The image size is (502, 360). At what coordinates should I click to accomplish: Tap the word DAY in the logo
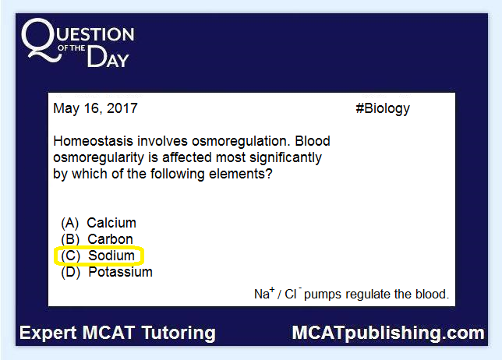(108, 57)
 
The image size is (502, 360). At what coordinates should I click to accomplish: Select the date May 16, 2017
(95, 108)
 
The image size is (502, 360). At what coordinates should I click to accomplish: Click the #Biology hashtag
(383, 109)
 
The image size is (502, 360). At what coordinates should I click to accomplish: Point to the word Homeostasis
(93, 141)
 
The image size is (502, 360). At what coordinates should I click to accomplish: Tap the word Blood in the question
(313, 141)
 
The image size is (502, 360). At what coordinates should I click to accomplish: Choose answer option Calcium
(111, 223)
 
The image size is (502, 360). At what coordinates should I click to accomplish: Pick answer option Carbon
(110, 239)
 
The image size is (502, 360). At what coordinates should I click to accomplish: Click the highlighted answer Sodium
(111, 256)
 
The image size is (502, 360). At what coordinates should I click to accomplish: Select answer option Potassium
(120, 272)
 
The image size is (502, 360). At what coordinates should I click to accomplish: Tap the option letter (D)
(70, 273)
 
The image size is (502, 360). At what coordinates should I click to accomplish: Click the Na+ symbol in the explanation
(264, 293)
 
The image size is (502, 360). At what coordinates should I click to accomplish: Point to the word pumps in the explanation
(323, 295)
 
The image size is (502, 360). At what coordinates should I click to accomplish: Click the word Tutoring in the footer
(179, 334)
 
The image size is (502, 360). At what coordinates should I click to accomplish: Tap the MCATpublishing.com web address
(388, 334)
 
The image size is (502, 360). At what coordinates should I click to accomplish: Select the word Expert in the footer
(48, 334)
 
